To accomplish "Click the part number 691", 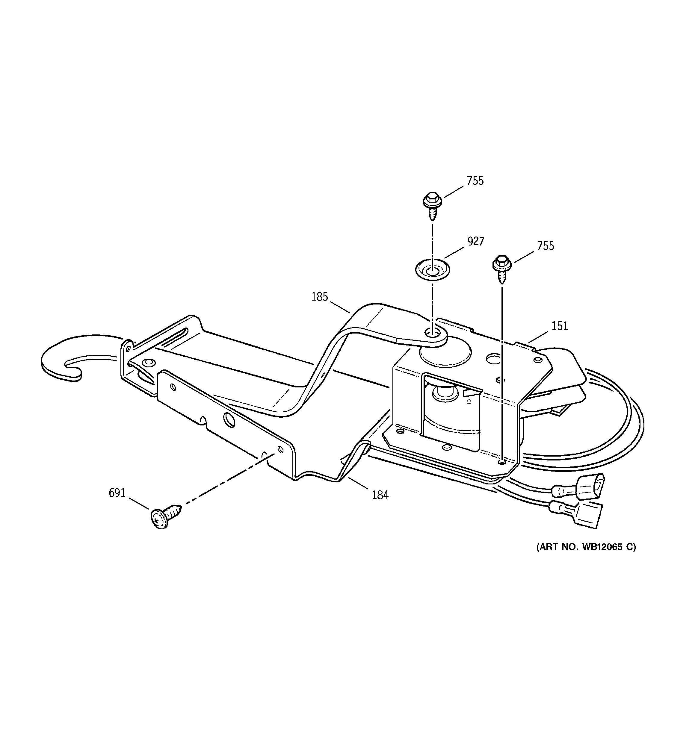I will [x=117, y=493].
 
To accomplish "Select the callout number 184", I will [x=380, y=495].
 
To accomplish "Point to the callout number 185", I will [x=319, y=297].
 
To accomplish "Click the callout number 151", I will [x=559, y=326].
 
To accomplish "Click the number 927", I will [x=476, y=242].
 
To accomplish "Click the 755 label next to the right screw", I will [x=546, y=246].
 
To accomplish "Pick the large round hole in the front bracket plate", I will [x=229, y=420].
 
